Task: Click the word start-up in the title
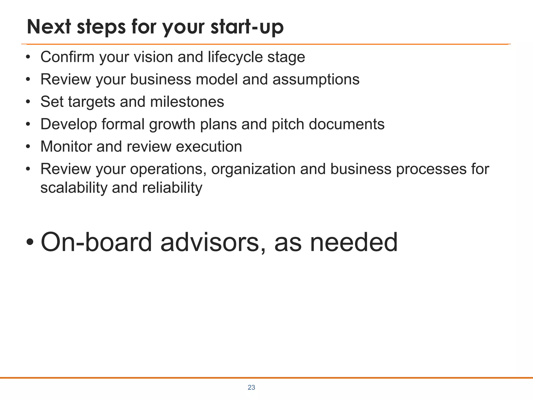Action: click(247, 27)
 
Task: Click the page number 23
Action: click(251, 387)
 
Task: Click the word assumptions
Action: click(316, 80)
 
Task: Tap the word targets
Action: click(91, 102)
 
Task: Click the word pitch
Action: click(288, 124)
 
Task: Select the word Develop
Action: click(68, 124)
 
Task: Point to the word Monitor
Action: click(66, 146)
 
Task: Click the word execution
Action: click(209, 146)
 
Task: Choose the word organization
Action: click(253, 169)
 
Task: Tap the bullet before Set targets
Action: click(28, 102)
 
